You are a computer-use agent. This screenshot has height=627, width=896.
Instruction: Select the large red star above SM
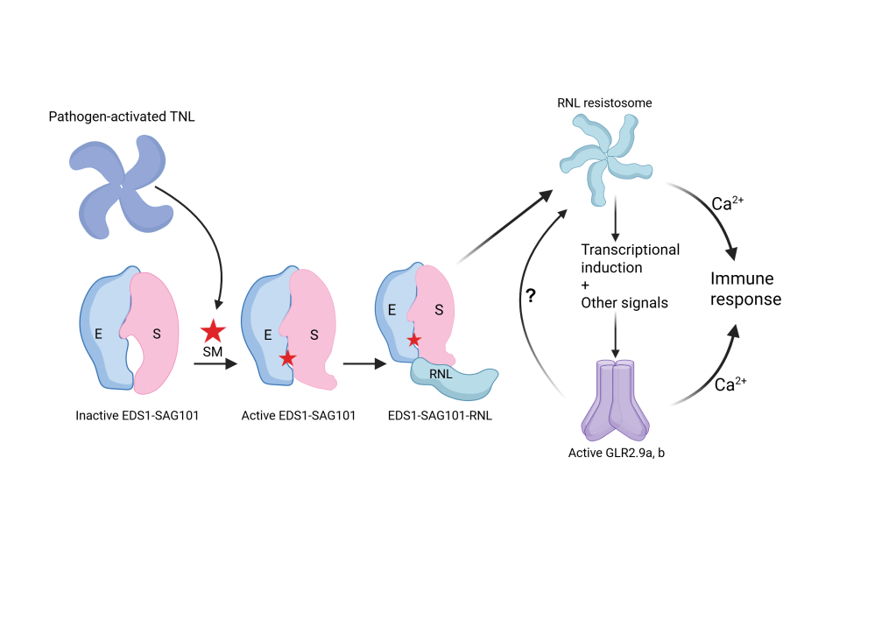213,332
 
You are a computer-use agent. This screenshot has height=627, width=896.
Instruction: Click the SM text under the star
213,352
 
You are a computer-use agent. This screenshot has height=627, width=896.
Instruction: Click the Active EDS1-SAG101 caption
298,415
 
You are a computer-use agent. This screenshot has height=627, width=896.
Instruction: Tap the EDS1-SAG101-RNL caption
440,415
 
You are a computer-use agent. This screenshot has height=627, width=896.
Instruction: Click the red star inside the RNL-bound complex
414,340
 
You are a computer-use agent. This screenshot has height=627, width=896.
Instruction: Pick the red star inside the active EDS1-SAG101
286,358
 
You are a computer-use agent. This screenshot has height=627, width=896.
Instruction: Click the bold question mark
530,297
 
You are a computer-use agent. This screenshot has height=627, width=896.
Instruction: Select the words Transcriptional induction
630,258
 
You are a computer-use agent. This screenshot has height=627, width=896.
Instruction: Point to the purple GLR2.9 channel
615,398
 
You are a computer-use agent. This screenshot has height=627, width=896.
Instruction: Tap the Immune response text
744,289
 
